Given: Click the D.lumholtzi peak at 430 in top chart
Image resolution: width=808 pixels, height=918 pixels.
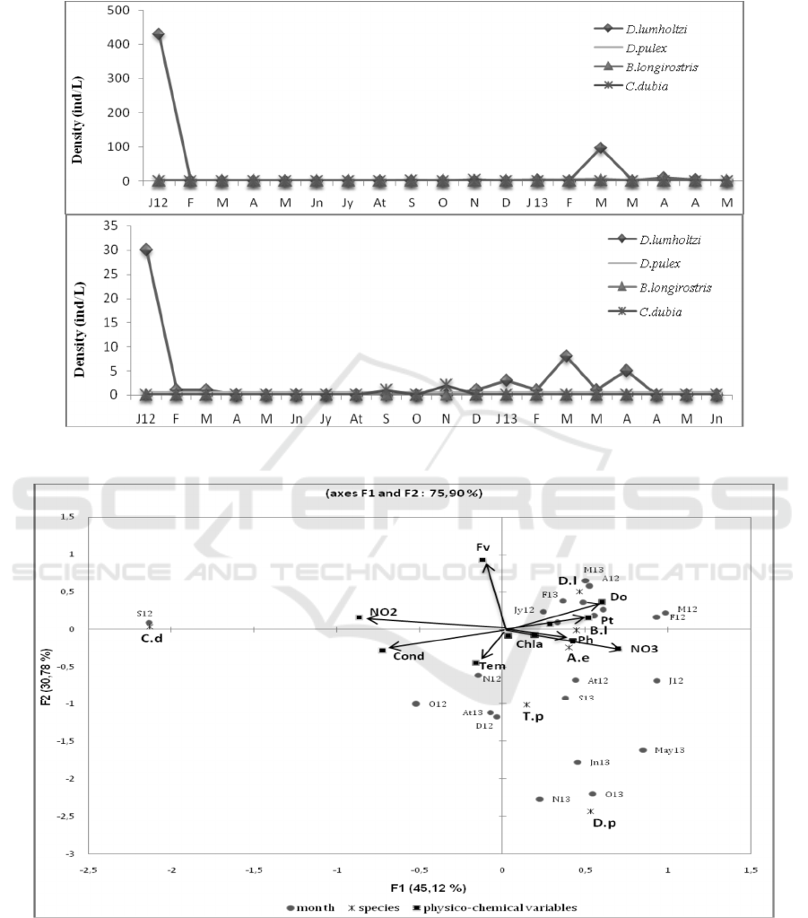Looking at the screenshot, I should click(158, 34).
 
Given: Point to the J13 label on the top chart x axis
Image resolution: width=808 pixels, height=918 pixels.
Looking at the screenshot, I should click(537, 203).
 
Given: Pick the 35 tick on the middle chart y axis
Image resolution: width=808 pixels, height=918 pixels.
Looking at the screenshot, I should click(124, 224).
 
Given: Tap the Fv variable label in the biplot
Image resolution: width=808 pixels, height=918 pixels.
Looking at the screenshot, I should click(482, 546).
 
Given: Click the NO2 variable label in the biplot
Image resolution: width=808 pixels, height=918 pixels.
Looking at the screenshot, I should click(383, 612).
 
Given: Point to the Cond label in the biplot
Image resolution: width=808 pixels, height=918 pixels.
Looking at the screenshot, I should click(408, 656).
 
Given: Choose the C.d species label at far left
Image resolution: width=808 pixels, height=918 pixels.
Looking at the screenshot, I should click(150, 638).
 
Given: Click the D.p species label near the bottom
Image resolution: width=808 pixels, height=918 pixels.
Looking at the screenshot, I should click(604, 823).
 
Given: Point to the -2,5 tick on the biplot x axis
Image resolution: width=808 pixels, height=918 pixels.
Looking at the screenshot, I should click(88, 870).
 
